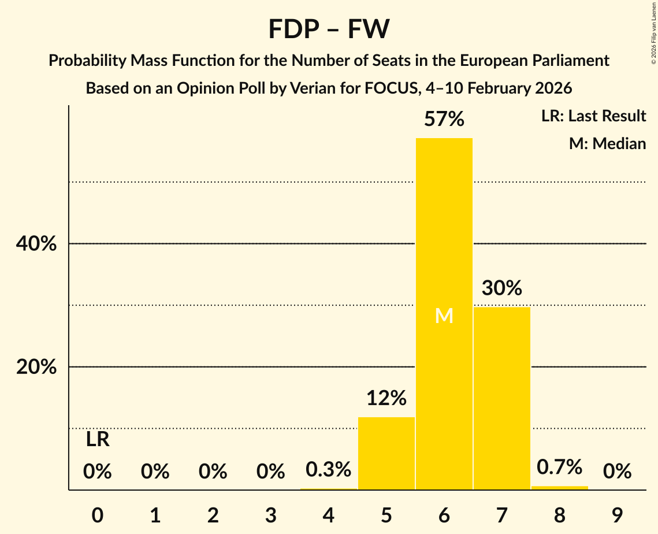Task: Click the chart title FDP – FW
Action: pyautogui.click(x=329, y=29)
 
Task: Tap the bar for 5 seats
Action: pyautogui.click(x=386, y=453)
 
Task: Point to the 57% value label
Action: pyautogui.click(x=444, y=120)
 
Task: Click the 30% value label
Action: pyautogui.click(x=501, y=288)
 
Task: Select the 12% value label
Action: pyautogui.click(x=386, y=398)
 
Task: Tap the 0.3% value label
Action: pyautogui.click(x=328, y=469)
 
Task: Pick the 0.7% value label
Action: pyautogui.click(x=559, y=467)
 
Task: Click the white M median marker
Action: pyautogui.click(x=444, y=316)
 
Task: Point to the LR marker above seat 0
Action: pyautogui.click(x=98, y=440)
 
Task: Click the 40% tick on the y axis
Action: pyautogui.click(x=36, y=244)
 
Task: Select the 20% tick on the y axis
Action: pyautogui.click(x=36, y=367)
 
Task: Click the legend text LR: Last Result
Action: pyautogui.click(x=593, y=116)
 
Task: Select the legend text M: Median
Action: pyautogui.click(x=607, y=143)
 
